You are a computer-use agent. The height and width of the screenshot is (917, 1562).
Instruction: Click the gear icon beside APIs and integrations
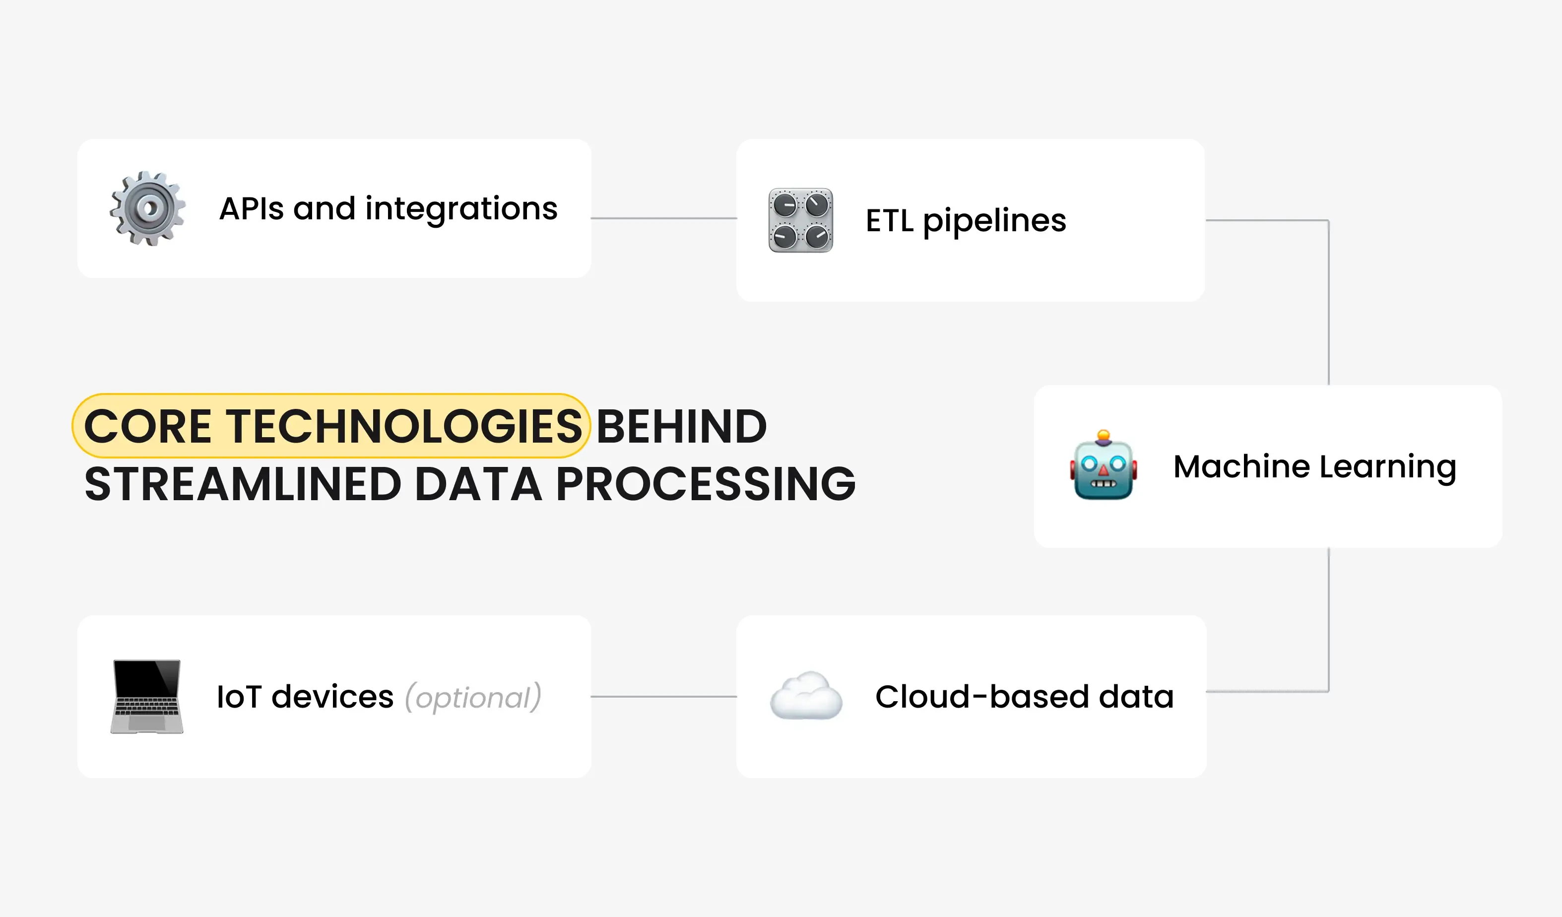click(x=147, y=208)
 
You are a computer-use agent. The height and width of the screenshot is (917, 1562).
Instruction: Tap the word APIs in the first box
click(x=252, y=209)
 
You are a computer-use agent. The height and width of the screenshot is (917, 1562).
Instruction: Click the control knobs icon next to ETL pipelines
click(x=801, y=220)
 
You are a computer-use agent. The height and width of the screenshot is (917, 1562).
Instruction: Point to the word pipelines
click(x=994, y=221)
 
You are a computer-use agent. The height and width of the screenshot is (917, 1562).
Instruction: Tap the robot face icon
click(x=1104, y=466)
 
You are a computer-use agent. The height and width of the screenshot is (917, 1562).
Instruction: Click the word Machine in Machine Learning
click(x=1241, y=466)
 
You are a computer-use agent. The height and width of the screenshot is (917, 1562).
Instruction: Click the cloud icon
click(x=806, y=696)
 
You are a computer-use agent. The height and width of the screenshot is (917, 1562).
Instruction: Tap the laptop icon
click(x=147, y=696)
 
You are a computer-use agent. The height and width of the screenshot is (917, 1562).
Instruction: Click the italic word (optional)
click(x=473, y=698)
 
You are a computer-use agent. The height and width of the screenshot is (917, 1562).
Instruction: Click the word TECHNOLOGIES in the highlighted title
click(x=403, y=427)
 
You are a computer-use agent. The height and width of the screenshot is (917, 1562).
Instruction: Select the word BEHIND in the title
click(x=681, y=427)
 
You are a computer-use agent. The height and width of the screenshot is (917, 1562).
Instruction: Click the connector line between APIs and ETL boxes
click(x=663, y=218)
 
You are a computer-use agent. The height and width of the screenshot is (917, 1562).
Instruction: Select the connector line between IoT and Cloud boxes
click(x=663, y=696)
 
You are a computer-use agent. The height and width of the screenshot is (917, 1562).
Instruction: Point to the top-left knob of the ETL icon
click(x=784, y=204)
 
